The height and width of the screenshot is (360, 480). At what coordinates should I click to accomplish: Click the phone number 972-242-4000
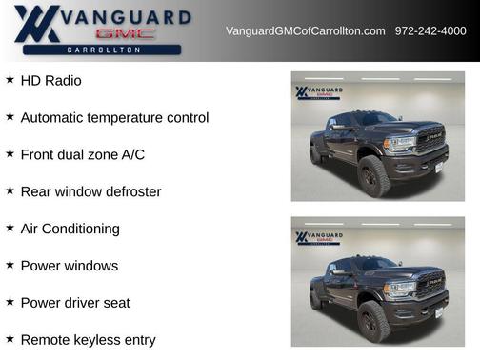(430, 31)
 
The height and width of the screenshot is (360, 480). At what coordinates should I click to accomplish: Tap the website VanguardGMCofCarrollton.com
(305, 31)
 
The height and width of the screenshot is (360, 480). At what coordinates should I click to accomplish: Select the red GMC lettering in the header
(125, 33)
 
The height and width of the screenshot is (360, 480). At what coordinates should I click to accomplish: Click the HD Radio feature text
(50, 81)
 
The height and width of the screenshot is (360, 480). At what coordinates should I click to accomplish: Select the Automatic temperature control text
(114, 118)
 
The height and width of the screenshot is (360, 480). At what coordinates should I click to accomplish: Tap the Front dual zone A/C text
(82, 154)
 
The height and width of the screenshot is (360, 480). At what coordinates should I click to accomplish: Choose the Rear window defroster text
(90, 191)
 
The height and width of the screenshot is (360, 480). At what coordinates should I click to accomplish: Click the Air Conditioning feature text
(70, 229)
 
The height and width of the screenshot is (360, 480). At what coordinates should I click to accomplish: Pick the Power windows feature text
(69, 266)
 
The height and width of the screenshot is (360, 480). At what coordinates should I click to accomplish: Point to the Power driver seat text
(75, 303)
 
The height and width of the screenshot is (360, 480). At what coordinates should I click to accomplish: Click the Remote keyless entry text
(88, 340)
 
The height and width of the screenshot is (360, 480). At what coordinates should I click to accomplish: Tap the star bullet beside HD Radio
(10, 80)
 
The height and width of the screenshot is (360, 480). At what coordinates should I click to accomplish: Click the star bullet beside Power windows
(10, 265)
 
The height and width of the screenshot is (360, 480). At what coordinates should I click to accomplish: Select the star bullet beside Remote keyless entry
(10, 339)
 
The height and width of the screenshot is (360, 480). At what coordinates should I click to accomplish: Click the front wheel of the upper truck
(373, 175)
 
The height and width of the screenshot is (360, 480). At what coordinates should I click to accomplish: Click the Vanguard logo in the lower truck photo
(319, 237)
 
